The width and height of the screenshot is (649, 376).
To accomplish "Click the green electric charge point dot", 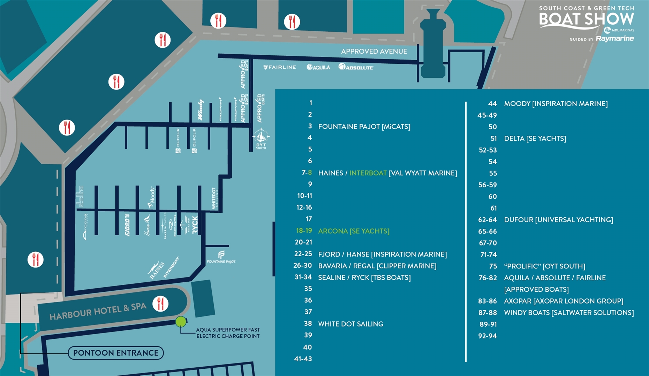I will pos(181,321).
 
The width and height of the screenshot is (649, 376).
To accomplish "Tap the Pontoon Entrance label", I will pos(116,353).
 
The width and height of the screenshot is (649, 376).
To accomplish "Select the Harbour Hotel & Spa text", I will pos(98,311).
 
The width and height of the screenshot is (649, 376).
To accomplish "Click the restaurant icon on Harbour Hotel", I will pos(160,304).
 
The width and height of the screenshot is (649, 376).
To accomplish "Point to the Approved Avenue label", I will pos(374,52).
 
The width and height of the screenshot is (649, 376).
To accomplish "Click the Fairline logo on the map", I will pos(280,67).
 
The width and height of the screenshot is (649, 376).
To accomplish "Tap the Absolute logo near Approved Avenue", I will pos(356,67).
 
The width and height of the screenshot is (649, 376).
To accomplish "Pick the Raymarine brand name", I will pos(614,38).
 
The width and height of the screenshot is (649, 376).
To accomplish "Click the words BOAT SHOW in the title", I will pos(586,19).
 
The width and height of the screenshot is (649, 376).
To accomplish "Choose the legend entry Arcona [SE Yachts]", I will pos(354,231).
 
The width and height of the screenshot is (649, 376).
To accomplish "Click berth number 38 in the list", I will pos(308,323).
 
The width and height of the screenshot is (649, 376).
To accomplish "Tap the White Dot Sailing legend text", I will pos(350,324).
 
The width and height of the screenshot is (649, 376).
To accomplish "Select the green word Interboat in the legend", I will pos(368,173).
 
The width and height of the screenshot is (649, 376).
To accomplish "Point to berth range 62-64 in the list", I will pos(487,220).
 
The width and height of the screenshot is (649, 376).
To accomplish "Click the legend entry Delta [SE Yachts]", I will pos(535,139).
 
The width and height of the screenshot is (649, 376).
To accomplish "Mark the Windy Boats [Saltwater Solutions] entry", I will pos(569,313).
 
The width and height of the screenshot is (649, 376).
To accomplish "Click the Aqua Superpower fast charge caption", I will pos(228,333).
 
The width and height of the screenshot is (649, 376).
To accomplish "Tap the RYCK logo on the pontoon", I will pos(195,225).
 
